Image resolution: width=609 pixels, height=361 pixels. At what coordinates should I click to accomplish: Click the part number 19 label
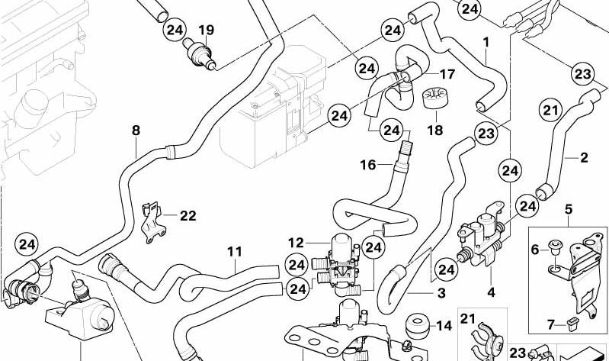pyautogui.click(x=206, y=30)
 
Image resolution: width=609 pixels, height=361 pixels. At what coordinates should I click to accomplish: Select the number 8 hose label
pyautogui.click(x=136, y=131)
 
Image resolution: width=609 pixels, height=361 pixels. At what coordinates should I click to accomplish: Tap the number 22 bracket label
pyautogui.click(x=188, y=215)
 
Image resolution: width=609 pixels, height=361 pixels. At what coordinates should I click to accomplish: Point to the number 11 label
pyautogui.click(x=234, y=251)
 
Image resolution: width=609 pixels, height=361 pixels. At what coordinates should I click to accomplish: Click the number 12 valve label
pyautogui.click(x=296, y=243)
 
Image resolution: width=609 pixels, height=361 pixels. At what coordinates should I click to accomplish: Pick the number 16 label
pyautogui.click(x=368, y=165)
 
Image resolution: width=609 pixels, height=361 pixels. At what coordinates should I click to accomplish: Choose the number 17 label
pyautogui.click(x=447, y=75)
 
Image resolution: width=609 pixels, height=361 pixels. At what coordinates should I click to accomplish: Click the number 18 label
pyautogui.click(x=434, y=130)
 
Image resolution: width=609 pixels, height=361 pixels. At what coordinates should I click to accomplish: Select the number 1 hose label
pyautogui.click(x=486, y=41)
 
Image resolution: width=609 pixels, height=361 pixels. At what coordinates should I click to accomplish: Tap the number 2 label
pyautogui.click(x=584, y=158)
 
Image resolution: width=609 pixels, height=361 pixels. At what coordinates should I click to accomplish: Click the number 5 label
pyautogui.click(x=568, y=208)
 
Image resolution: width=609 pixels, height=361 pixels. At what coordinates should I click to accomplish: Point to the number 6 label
pyautogui.click(x=534, y=247)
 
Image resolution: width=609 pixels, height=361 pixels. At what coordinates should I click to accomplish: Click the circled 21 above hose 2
pyautogui.click(x=550, y=111)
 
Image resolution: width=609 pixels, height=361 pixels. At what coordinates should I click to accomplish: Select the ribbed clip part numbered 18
pyautogui.click(x=434, y=98)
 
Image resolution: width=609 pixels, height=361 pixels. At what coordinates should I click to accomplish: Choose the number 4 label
pyautogui.click(x=491, y=291)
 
